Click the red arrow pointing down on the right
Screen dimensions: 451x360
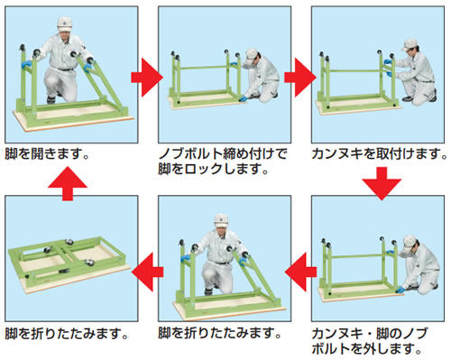(382, 183)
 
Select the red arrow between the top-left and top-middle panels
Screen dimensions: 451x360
(147, 78)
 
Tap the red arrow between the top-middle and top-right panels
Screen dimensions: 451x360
(300, 78)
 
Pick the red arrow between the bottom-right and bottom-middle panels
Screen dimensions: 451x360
(300, 272)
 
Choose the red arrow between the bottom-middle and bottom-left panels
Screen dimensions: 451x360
(147, 272)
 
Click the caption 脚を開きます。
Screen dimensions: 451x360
(47, 154)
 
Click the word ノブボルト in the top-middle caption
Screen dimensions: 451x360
(190, 154)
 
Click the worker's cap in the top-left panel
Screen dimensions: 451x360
(65, 24)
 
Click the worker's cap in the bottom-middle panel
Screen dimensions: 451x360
(221, 220)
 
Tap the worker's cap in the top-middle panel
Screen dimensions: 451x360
(251, 55)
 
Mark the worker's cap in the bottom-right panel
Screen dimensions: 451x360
(409, 242)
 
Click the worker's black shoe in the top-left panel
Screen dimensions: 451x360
(51, 100)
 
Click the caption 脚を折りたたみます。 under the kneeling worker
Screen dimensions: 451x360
(220, 334)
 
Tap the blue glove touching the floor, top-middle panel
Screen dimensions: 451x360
(243, 98)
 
